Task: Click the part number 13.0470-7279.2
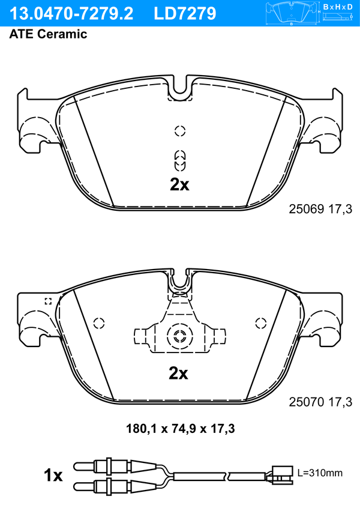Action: point(71,14)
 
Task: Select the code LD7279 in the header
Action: point(185,14)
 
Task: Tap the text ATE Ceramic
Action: point(48,34)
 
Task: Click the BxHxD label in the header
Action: point(338,7)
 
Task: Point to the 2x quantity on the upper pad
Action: point(179,184)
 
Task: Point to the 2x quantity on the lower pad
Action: point(178,373)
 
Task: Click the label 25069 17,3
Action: point(320,210)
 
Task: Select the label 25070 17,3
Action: point(320,402)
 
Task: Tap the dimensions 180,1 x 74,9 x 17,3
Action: point(180,429)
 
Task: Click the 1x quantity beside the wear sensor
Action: point(53,476)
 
